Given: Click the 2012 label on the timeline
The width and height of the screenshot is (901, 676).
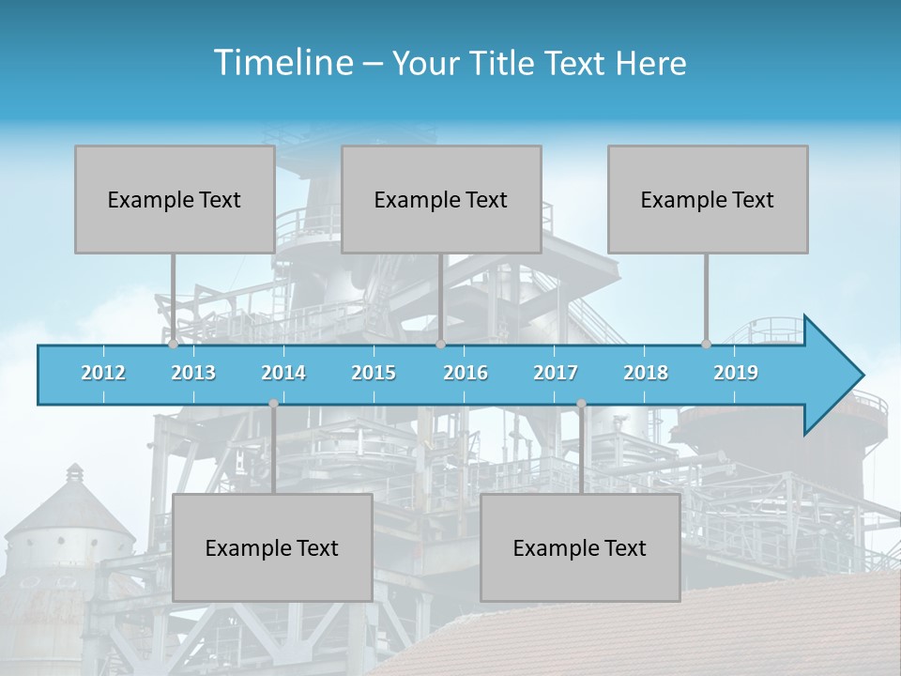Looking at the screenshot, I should pyautogui.click(x=103, y=373).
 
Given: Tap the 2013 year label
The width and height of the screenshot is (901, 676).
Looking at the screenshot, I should pyautogui.click(x=193, y=373).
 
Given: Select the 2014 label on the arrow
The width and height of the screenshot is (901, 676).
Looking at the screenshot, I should pyautogui.click(x=283, y=373).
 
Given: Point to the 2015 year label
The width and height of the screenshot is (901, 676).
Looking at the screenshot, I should pyautogui.click(x=374, y=373).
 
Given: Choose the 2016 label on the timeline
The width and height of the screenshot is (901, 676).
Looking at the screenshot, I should pyautogui.click(x=466, y=373).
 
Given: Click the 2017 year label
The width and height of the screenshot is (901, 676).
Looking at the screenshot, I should pyautogui.click(x=556, y=373).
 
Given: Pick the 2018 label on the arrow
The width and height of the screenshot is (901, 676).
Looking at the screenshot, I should pyautogui.click(x=646, y=373).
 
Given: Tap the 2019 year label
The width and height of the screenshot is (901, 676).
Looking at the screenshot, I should pyautogui.click(x=736, y=373).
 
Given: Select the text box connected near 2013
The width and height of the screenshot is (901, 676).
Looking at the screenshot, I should pyautogui.click(x=175, y=199).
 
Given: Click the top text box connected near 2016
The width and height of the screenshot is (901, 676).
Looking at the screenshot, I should pyautogui.click(x=441, y=199).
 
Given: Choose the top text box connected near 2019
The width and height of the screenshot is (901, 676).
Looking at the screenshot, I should pyautogui.click(x=708, y=199).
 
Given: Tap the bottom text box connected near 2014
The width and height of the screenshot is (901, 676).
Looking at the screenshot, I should pyautogui.click(x=272, y=547).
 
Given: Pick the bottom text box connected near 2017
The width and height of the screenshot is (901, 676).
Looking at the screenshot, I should pyautogui.click(x=580, y=547).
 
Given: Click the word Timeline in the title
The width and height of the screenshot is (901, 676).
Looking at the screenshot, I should pyautogui.click(x=282, y=62).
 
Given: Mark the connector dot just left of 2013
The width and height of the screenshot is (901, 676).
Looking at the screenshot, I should pyautogui.click(x=173, y=345).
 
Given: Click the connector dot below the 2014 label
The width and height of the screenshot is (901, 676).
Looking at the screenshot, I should pyautogui.click(x=273, y=404).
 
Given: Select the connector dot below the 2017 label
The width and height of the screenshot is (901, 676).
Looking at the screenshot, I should pyautogui.click(x=581, y=404).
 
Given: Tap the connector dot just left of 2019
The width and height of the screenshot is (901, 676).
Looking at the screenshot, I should pyautogui.click(x=706, y=345).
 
